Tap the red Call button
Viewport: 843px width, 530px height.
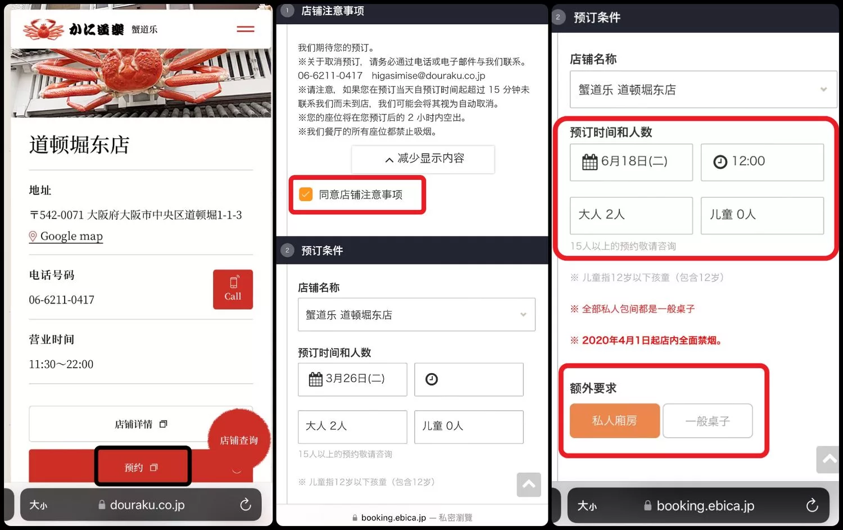tap(233, 289)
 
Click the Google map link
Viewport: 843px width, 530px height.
tap(66, 236)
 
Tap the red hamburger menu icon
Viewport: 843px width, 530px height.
tap(246, 29)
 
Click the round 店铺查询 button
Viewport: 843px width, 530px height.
tap(239, 440)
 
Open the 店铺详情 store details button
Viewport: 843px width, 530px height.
tap(140, 424)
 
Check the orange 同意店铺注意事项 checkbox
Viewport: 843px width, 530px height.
tap(306, 194)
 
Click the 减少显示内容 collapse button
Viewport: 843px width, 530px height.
tap(423, 159)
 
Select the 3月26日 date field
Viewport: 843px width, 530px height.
tap(352, 379)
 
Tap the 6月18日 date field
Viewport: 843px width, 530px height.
tap(631, 162)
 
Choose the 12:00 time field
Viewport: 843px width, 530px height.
tap(762, 162)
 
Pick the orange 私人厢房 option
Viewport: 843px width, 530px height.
tap(615, 420)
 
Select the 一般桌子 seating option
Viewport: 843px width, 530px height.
tap(708, 420)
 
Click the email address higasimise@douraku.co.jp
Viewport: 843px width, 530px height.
tap(428, 76)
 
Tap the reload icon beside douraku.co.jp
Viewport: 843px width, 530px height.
tap(246, 504)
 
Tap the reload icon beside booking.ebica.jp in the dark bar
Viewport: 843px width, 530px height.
tap(812, 505)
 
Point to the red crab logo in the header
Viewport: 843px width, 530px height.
tap(43, 29)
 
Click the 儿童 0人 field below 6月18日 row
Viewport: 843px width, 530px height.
tap(762, 215)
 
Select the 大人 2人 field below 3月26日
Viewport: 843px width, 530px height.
tap(352, 427)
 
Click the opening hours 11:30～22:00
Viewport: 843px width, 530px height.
tap(61, 364)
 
